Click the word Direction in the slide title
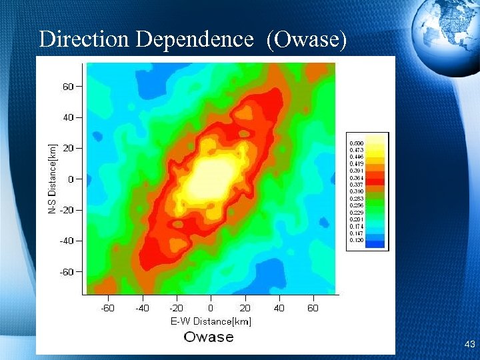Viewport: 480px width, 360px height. pos(84,39)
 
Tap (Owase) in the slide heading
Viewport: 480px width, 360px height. pos(307,39)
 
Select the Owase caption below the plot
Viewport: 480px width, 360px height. pos(209,337)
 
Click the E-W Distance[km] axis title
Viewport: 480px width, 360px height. pos(211,321)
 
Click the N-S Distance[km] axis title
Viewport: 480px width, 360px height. pos(52,178)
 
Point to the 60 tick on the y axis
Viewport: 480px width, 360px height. pos(68,86)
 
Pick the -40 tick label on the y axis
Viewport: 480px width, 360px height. pos(66,241)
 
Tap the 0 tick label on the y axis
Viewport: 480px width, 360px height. pos(71,179)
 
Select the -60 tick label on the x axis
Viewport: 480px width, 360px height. pos(107,308)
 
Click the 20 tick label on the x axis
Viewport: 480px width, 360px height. pos(245,308)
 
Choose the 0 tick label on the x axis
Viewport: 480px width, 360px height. pos(211,308)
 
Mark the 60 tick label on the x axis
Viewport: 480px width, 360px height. pos(313,308)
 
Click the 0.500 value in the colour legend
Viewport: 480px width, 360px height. pos(357,143)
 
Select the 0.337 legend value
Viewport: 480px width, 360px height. pos(357,185)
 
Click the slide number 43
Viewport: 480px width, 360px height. pos(469,345)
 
